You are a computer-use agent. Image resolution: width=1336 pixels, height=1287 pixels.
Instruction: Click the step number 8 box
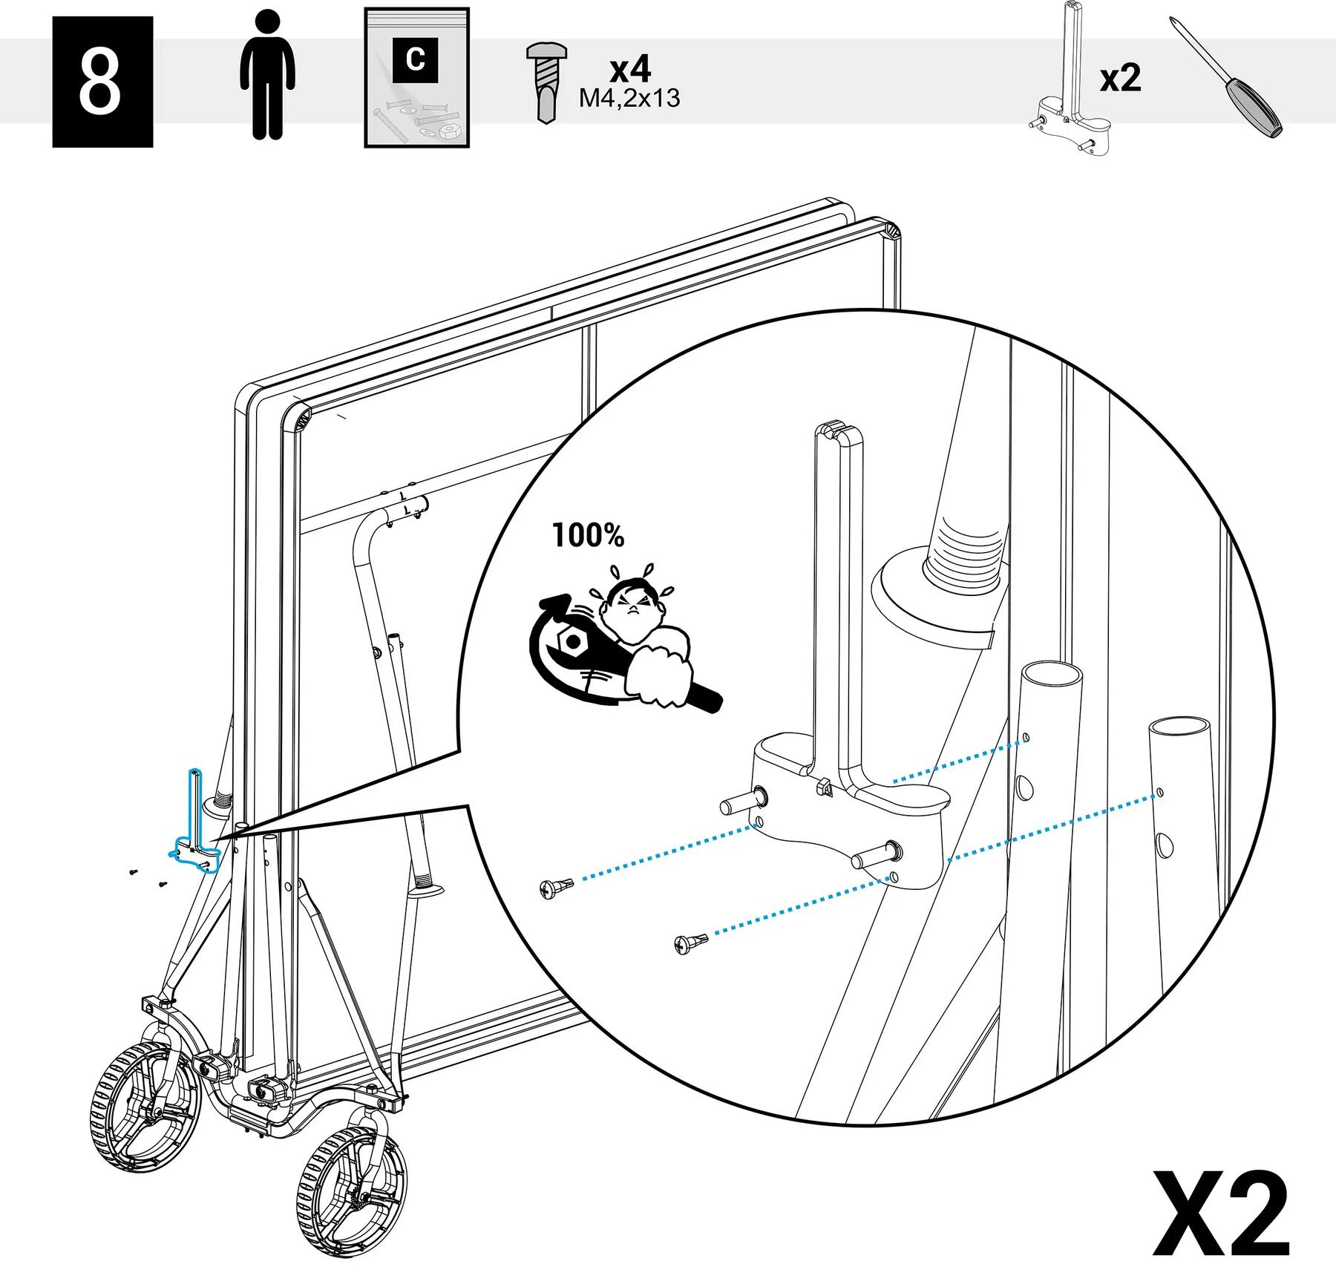coord(102,82)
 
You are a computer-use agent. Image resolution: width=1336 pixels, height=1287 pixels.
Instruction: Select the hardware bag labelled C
coord(416,77)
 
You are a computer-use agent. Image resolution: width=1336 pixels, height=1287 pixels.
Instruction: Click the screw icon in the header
coord(546,82)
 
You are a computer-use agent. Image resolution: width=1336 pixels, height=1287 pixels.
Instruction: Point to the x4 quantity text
coord(630,69)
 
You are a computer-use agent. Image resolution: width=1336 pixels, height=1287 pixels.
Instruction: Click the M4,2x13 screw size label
coord(629,99)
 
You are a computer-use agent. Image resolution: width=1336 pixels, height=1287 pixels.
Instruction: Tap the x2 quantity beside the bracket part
coord(1120,79)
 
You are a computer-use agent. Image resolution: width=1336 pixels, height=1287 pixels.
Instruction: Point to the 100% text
coord(588,534)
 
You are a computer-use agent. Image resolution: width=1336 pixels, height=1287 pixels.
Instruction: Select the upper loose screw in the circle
coord(556,886)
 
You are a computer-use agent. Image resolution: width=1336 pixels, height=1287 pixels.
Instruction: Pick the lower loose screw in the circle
coord(690,943)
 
